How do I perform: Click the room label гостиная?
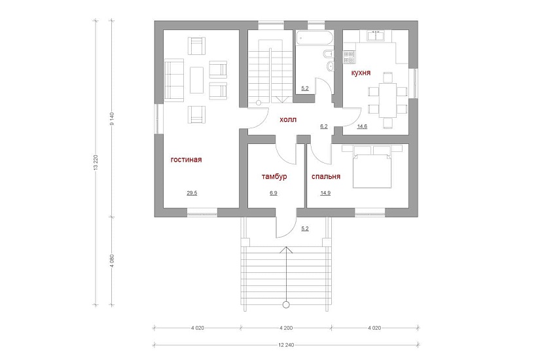[187, 160]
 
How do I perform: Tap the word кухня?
[361, 73]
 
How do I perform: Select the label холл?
[288, 120]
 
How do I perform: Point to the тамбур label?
[274, 177]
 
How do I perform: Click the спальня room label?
[326, 177]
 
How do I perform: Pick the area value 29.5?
[192, 193]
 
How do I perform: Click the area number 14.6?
[362, 126]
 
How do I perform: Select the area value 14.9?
[325, 193]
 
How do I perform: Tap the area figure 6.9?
[274, 193]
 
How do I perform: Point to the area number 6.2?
[324, 126]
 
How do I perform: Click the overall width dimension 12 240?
[286, 344]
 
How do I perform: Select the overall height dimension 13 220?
[96, 162]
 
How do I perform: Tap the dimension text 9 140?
[111, 118]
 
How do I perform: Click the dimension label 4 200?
[286, 328]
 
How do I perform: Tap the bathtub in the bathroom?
[315, 37]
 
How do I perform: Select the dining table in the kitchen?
[387, 100]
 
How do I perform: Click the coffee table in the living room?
[196, 80]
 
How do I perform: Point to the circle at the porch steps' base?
[286, 304]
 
